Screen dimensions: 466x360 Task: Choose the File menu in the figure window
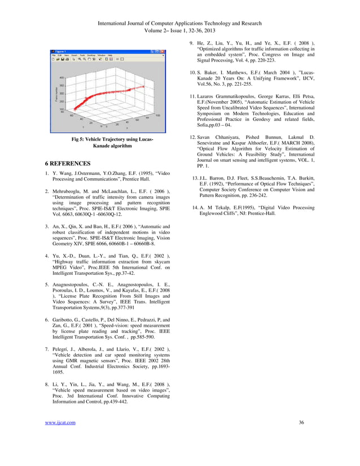click(54, 55)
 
